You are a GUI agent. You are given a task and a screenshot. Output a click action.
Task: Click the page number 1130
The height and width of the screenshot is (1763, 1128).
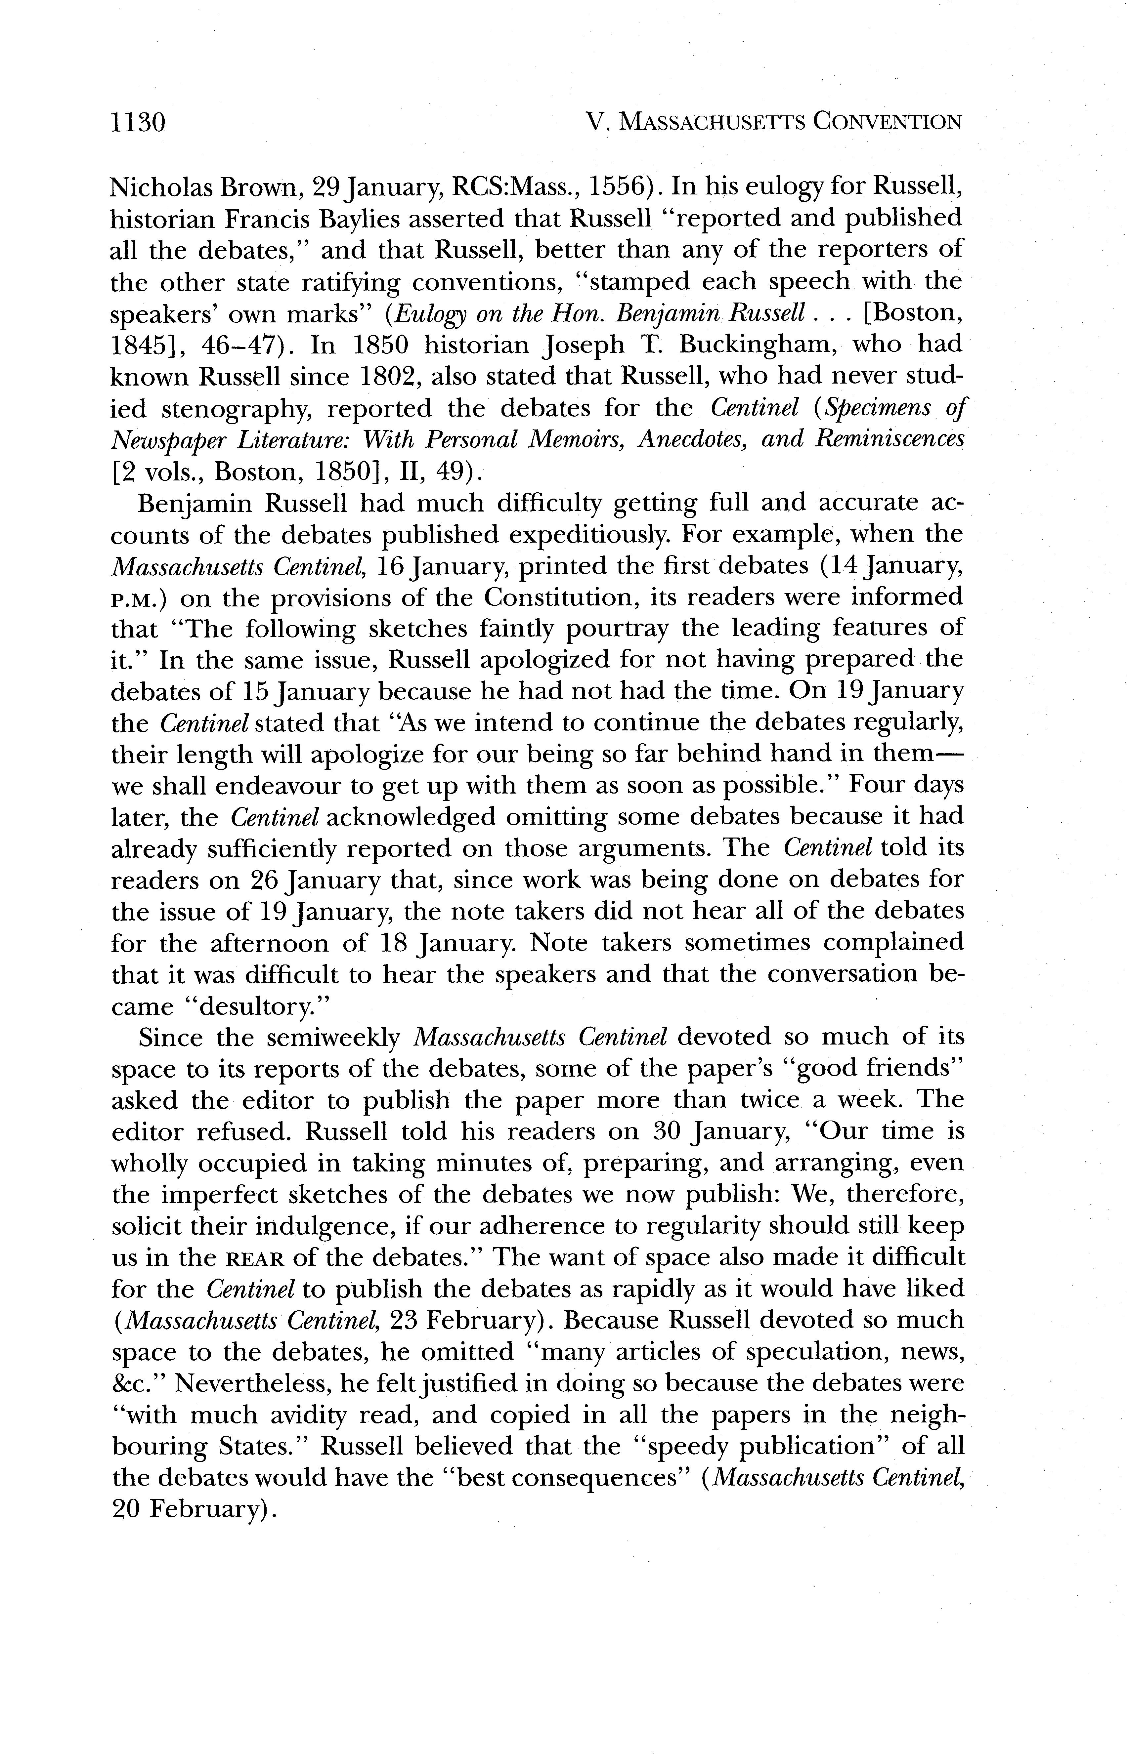138,122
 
